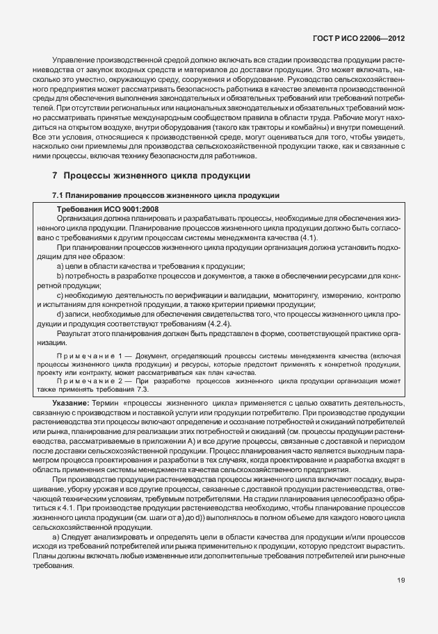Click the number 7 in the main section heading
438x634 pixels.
[x=55, y=176]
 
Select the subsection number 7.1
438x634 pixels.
[x=58, y=197]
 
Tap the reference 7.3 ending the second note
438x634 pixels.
[x=145, y=390]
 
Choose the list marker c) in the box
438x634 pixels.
[x=60, y=295]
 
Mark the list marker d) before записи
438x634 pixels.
[x=60, y=315]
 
